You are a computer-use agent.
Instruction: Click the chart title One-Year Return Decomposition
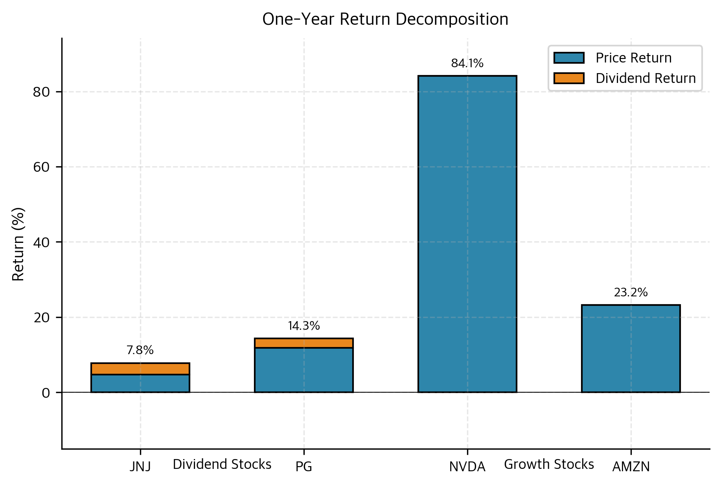pyautogui.click(x=385, y=19)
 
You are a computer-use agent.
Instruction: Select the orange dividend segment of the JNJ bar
pyautogui.click(x=140, y=369)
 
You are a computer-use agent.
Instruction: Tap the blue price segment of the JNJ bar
pyautogui.click(x=140, y=383)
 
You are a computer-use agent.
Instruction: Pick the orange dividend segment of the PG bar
pyautogui.click(x=303, y=343)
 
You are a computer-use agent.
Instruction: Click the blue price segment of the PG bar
pyautogui.click(x=303, y=370)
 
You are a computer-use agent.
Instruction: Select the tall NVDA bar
pyautogui.click(x=467, y=234)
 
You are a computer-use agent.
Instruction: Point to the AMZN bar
pyautogui.click(x=631, y=348)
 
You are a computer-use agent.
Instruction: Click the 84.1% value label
pyautogui.click(x=467, y=63)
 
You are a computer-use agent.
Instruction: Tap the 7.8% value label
pyautogui.click(x=140, y=350)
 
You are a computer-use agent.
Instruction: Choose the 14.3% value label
pyautogui.click(x=303, y=326)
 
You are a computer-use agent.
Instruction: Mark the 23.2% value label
pyautogui.click(x=631, y=292)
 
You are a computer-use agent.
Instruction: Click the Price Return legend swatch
pyautogui.click(x=568, y=58)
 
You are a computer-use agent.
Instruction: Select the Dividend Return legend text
pyautogui.click(x=646, y=78)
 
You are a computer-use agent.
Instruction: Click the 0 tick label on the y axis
pyautogui.click(x=46, y=393)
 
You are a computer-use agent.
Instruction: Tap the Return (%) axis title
pyautogui.click(x=18, y=244)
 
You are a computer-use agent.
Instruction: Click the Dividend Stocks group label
pyautogui.click(x=222, y=464)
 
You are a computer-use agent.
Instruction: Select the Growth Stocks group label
pyautogui.click(x=549, y=464)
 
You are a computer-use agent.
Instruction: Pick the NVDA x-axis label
pyautogui.click(x=467, y=467)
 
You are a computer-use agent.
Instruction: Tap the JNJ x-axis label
pyautogui.click(x=140, y=467)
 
